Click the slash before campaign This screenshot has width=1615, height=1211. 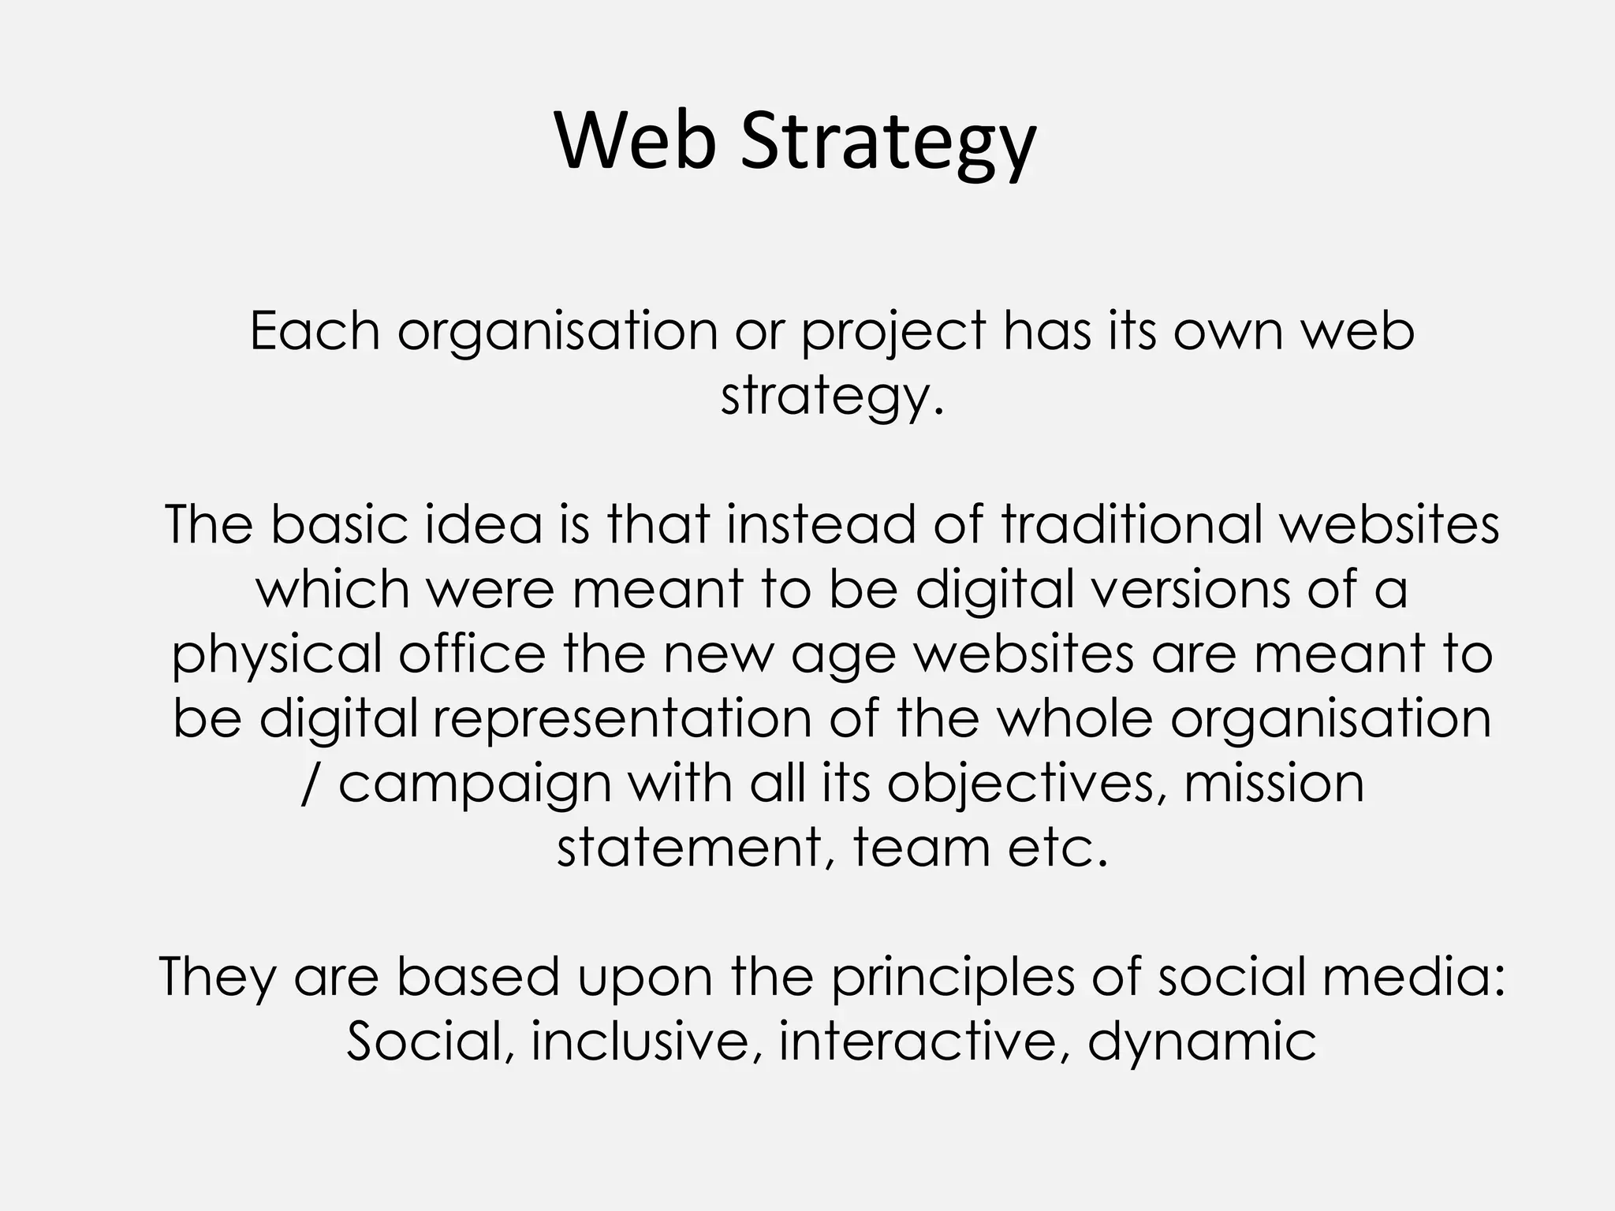coord(310,784)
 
